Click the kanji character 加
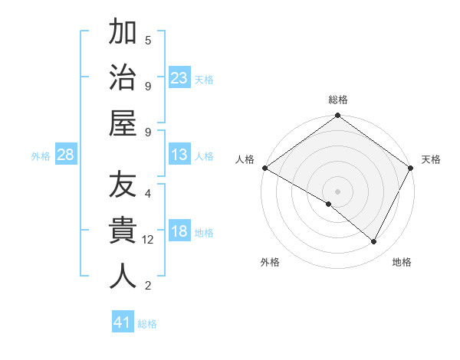(123, 34)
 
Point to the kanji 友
(123, 186)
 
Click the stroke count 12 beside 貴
(148, 240)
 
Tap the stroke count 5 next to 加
(148, 40)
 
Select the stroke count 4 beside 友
(148, 193)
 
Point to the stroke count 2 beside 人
(148, 286)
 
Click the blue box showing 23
(179, 77)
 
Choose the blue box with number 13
(179, 155)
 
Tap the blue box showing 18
(179, 232)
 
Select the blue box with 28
(66, 155)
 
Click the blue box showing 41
(123, 322)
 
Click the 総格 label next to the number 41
(147, 324)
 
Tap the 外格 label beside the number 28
(41, 156)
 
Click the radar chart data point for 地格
(374, 242)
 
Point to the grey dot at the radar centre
(337, 191)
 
